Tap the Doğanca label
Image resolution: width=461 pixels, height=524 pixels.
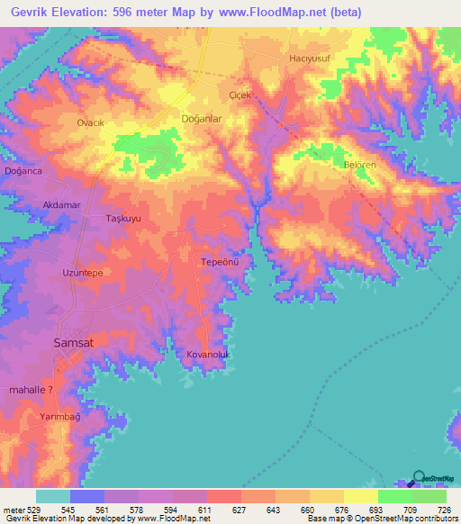[23, 172]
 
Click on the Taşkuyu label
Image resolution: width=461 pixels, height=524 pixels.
[124, 219]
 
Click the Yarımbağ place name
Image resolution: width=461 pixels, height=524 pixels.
[60, 418]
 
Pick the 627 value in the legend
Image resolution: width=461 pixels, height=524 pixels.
[240, 509]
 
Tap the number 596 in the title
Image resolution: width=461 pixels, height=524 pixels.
[122, 12]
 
